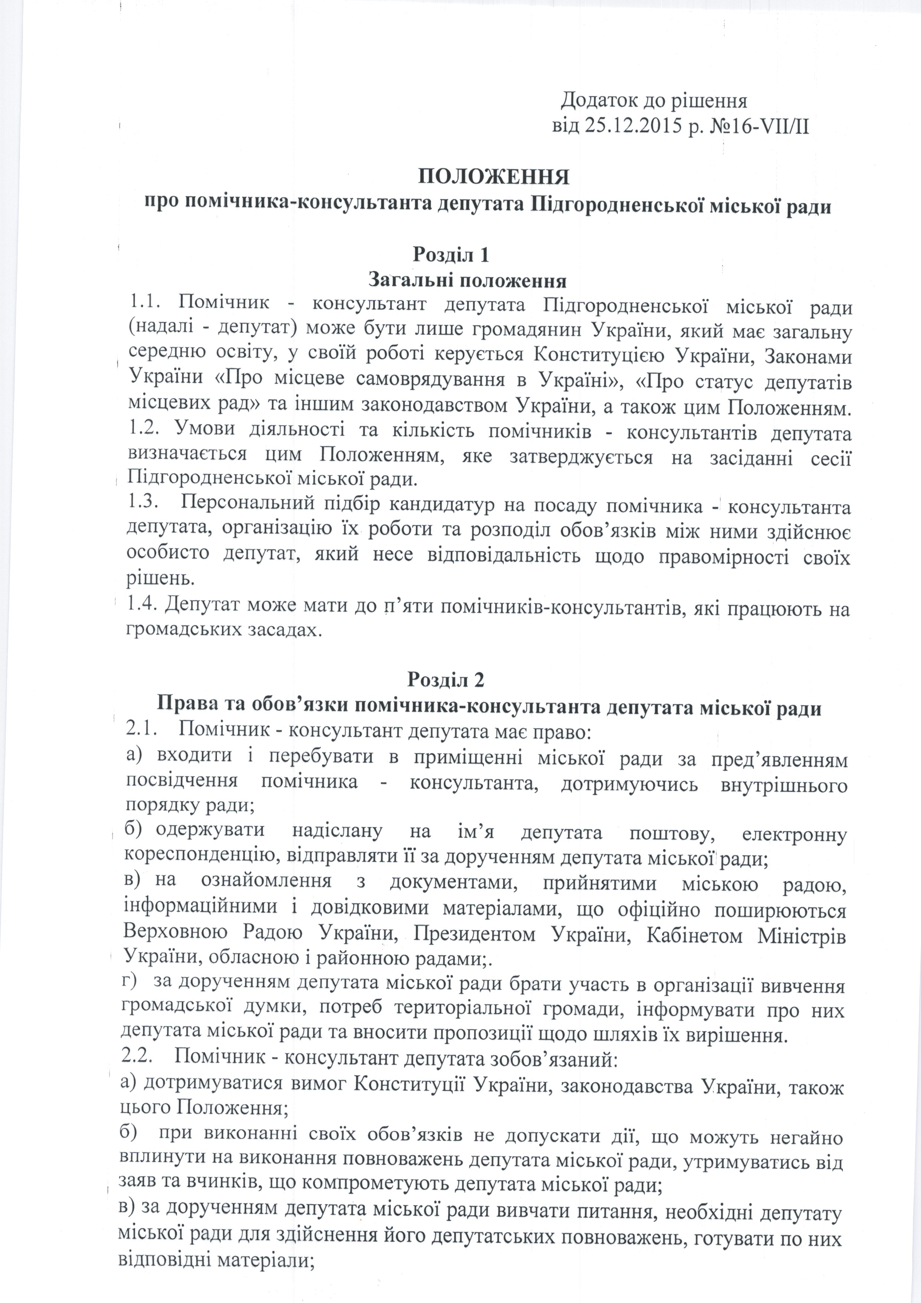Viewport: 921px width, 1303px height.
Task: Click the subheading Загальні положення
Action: click(x=468, y=280)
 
